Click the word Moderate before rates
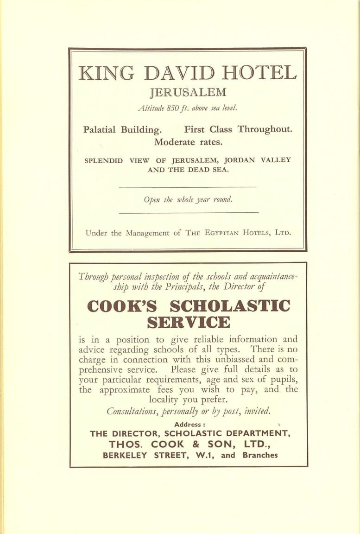[174, 142]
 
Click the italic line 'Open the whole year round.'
[188, 200]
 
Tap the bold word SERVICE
[188, 322]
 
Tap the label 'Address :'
[188, 424]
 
